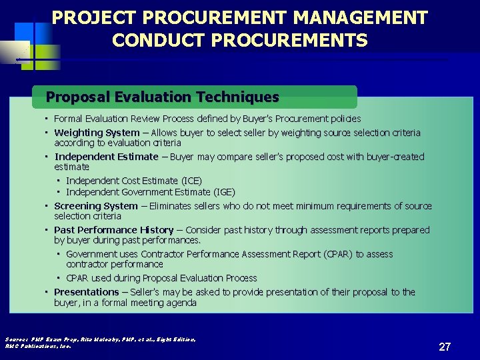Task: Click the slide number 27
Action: [x=445, y=347]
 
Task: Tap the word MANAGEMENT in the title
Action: [x=361, y=17]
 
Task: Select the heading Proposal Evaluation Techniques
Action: [x=163, y=97]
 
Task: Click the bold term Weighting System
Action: [x=97, y=133]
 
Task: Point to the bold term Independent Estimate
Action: [x=107, y=157]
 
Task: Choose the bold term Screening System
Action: [x=96, y=206]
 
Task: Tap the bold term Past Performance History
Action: [x=113, y=230]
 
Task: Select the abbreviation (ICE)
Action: [x=191, y=181]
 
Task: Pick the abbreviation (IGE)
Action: [x=223, y=193]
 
